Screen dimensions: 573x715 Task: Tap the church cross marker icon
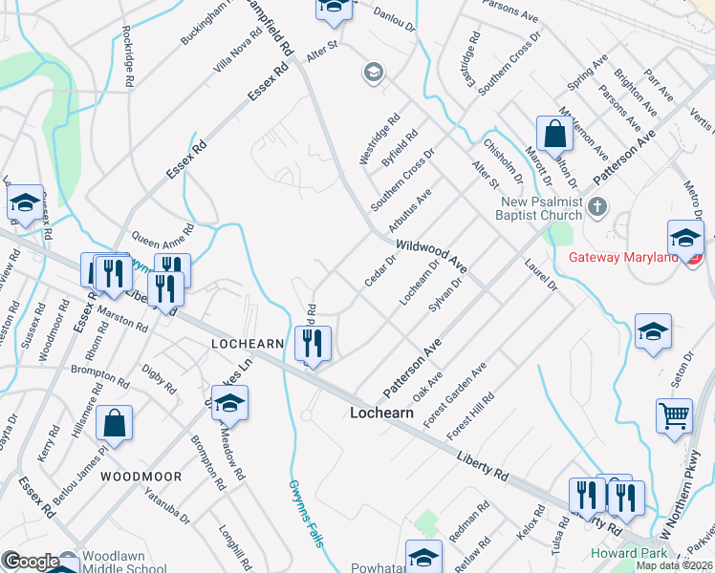pyautogui.click(x=597, y=206)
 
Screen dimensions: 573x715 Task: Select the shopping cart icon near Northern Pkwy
pyautogui.click(x=674, y=416)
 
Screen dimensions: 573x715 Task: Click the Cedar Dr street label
pyautogui.click(x=380, y=270)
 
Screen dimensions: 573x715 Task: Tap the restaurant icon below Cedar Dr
pyautogui.click(x=314, y=343)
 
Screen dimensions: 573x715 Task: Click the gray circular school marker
pyautogui.click(x=372, y=72)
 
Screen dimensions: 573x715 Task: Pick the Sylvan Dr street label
pyautogui.click(x=445, y=296)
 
